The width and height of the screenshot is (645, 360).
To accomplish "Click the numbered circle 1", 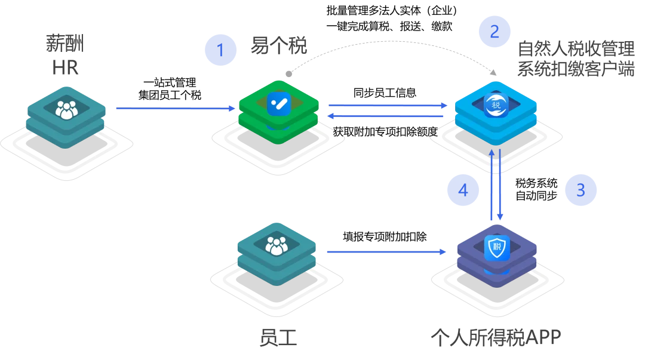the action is click(x=220, y=50).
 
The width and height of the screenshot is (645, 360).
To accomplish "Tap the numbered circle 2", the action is click(x=494, y=31).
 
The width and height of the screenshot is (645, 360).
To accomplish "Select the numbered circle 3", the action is click(x=580, y=190).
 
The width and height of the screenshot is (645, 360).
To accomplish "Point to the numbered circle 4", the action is click(x=463, y=190).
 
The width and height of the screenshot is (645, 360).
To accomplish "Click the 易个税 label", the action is click(x=279, y=45).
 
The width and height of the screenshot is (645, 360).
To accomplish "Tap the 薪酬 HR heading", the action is click(x=65, y=55).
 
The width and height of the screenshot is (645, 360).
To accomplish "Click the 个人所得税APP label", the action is click(x=496, y=337).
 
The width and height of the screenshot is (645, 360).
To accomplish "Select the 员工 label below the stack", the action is click(x=278, y=337).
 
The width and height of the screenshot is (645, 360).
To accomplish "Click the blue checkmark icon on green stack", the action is click(x=279, y=104).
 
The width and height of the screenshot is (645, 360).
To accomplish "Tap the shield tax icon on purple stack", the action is click(x=497, y=247).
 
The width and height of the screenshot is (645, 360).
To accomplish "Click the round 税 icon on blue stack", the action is click(x=496, y=105).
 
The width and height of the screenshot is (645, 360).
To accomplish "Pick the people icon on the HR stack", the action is click(x=67, y=110).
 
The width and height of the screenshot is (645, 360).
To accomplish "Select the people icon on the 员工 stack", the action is click(x=277, y=245).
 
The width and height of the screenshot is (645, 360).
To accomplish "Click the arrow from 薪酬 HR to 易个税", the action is click(x=176, y=108).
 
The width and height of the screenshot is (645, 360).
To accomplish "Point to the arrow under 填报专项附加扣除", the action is click(x=386, y=251).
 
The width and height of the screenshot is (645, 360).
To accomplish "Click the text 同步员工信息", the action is click(x=385, y=93).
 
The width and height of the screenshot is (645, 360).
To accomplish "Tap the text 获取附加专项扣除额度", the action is click(x=385, y=132).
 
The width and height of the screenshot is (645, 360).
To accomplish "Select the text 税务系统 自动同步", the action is click(x=536, y=189).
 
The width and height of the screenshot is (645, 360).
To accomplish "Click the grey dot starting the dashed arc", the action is click(x=289, y=74).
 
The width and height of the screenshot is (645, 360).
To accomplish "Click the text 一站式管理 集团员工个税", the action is click(x=170, y=89).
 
